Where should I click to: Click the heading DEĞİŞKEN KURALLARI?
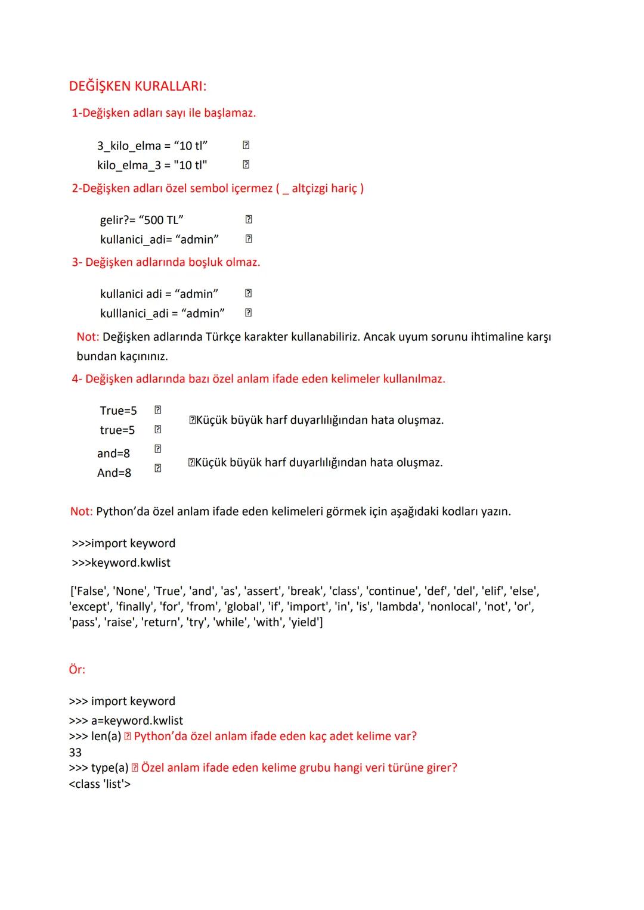click(138, 86)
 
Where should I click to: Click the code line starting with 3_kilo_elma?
click(152, 146)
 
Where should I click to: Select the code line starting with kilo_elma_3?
click(152, 165)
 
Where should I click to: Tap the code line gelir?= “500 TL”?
click(142, 220)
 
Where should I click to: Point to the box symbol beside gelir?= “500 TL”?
click(249, 219)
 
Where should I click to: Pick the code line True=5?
click(118, 411)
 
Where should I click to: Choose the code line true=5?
click(117, 430)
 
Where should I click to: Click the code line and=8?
click(113, 454)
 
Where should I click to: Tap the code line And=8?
click(114, 473)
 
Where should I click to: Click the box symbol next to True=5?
click(158, 410)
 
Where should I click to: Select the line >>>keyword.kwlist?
click(121, 563)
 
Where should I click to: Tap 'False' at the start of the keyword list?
click(89, 591)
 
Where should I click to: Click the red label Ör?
click(77, 670)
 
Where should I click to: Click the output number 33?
click(75, 753)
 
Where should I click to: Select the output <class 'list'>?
click(100, 784)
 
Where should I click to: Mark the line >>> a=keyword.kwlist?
click(126, 720)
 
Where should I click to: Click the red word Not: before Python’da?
click(81, 511)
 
